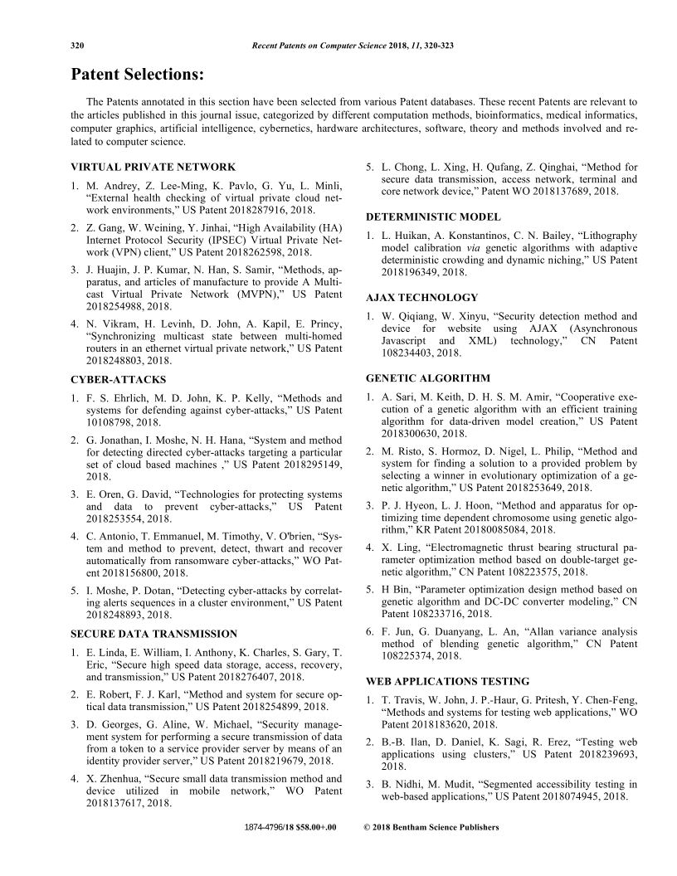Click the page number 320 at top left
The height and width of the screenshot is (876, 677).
point(79,44)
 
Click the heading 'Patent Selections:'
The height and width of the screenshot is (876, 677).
point(137,75)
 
